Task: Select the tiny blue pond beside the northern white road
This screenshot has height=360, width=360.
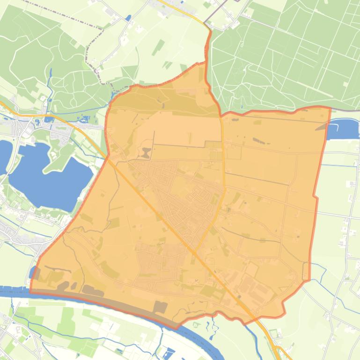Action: (128, 18)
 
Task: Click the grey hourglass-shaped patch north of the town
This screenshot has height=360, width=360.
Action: (147, 152)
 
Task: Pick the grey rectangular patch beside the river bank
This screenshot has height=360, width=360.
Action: (160, 307)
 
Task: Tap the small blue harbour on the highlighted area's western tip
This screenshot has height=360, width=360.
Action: (32, 273)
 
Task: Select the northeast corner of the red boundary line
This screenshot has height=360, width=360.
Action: (331, 108)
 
